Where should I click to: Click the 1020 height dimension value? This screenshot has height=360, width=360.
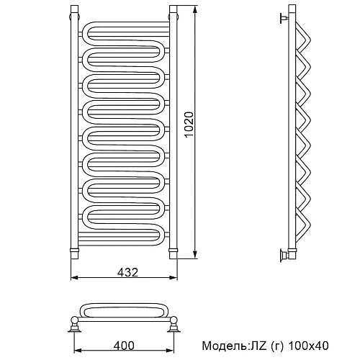[x=189, y=125]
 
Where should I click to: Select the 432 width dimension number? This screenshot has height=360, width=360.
[x=127, y=272]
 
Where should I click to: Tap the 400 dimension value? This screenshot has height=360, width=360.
[x=124, y=346]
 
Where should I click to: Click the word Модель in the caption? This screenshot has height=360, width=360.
[x=224, y=346]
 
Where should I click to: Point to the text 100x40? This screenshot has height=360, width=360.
[x=308, y=346]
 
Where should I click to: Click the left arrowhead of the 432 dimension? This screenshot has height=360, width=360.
[x=75, y=278]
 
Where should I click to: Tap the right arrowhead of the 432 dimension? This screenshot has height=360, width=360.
[x=174, y=278]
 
